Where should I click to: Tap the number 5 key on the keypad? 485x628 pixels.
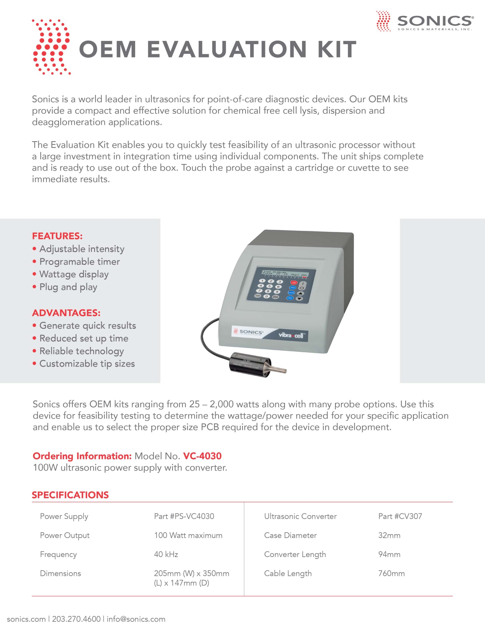[x=269, y=286]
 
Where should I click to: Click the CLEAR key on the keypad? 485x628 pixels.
[x=258, y=296]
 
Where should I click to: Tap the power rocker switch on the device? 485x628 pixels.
[x=302, y=286]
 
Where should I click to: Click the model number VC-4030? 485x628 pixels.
[x=202, y=456]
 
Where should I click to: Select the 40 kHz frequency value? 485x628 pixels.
[x=166, y=554]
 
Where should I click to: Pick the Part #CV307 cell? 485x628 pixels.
[x=400, y=516]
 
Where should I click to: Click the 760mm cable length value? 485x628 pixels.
[x=391, y=573]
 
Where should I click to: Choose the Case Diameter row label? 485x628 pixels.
[x=290, y=535]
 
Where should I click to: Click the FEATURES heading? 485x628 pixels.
[x=57, y=236]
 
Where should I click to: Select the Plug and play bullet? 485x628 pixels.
[x=68, y=287]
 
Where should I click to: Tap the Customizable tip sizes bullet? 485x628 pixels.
[x=87, y=364]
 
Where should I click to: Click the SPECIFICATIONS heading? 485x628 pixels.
[x=70, y=495]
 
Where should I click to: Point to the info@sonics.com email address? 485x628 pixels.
[x=136, y=619]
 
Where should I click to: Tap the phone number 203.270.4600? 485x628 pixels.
[x=76, y=619]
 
